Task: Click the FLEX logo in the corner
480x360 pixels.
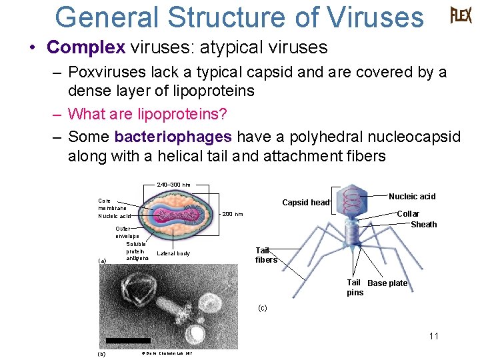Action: pyautogui.click(x=461, y=15)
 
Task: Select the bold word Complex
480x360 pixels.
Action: pyautogui.click(x=86, y=47)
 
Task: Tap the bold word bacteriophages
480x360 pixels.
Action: pyautogui.click(x=173, y=137)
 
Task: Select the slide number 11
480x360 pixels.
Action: pyautogui.click(x=434, y=336)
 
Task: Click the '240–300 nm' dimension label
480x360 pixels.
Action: pyautogui.click(x=173, y=185)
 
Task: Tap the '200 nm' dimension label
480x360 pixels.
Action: pyautogui.click(x=233, y=214)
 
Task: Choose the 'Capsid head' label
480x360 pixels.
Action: pyautogui.click(x=306, y=203)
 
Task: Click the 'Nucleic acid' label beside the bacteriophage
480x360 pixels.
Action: pyautogui.click(x=412, y=196)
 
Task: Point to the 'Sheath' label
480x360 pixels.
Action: pyautogui.click(x=423, y=225)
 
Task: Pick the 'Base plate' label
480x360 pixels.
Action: pyautogui.click(x=387, y=283)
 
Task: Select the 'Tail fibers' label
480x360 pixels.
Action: pyautogui.click(x=266, y=255)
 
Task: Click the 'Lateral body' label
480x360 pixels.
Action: pyautogui.click(x=173, y=253)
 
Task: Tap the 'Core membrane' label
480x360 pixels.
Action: pyautogui.click(x=112, y=204)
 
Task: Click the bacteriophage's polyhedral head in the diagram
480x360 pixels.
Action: pyautogui.click(x=354, y=200)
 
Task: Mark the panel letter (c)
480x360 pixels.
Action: pyautogui.click(x=262, y=308)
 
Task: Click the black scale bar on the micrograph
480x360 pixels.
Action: pyautogui.click(x=123, y=341)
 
